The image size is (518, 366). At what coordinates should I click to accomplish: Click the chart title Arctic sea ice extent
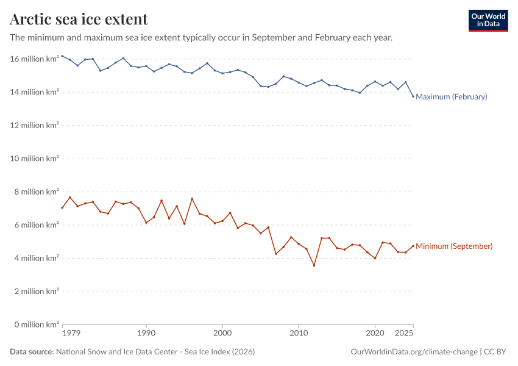(x=79, y=19)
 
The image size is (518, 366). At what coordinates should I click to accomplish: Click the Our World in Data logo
(x=488, y=20)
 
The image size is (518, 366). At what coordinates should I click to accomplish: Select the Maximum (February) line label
(x=451, y=96)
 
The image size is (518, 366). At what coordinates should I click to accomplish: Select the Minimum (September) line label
(x=454, y=246)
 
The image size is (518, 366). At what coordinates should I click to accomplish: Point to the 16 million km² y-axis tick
(x=35, y=59)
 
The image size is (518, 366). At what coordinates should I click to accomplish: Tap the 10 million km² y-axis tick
(x=35, y=159)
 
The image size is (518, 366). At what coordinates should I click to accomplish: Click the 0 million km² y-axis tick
(x=35, y=325)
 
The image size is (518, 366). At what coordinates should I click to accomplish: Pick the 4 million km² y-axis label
(x=35, y=258)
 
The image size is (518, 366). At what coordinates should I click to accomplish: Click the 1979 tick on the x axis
(x=71, y=334)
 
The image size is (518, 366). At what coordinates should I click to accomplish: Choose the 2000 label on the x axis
(x=222, y=334)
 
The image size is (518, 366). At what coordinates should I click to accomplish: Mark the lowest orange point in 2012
(x=314, y=265)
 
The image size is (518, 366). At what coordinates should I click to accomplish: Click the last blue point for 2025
(x=413, y=96)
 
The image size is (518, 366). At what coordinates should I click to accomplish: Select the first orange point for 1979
(x=62, y=207)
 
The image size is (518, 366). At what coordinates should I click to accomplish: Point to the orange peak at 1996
(x=192, y=199)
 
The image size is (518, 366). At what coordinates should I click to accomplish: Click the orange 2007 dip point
(x=276, y=254)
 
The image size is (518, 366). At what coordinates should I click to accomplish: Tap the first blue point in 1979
(x=62, y=56)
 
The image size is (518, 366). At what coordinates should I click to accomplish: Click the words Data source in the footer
(x=32, y=352)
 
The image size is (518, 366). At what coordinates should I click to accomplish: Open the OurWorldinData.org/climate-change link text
(x=414, y=352)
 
